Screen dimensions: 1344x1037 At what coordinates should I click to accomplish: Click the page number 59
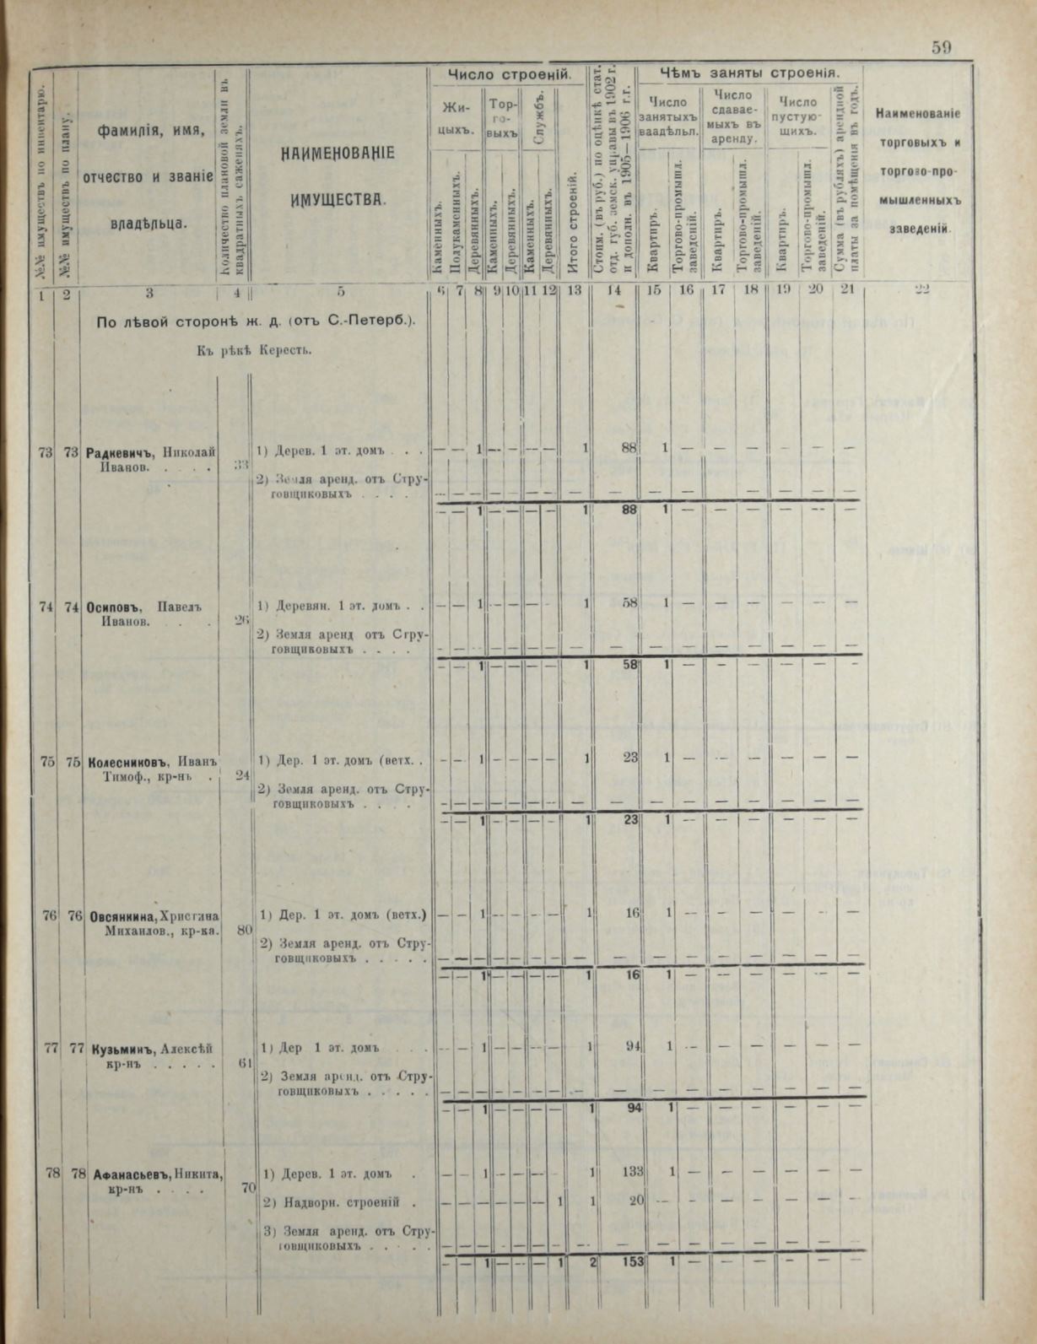click(x=942, y=48)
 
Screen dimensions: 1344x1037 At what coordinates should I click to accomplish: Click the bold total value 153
click(x=631, y=1261)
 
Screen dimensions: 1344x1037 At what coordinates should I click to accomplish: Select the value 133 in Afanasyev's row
click(x=631, y=1171)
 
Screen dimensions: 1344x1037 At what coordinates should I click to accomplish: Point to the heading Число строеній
click(x=509, y=75)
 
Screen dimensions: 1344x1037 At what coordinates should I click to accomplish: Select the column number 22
click(x=921, y=290)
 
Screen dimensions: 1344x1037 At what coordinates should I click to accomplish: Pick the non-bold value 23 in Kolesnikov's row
click(x=630, y=758)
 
